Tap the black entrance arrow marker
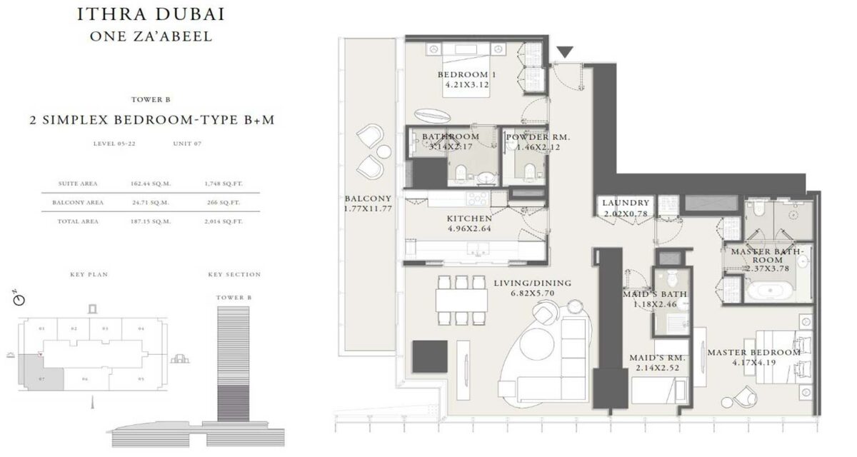click(565, 52)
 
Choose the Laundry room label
click(626, 203)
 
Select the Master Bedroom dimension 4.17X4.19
click(753, 363)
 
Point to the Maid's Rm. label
click(658, 357)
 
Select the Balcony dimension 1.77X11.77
click(368, 209)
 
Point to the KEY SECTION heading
click(234, 274)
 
